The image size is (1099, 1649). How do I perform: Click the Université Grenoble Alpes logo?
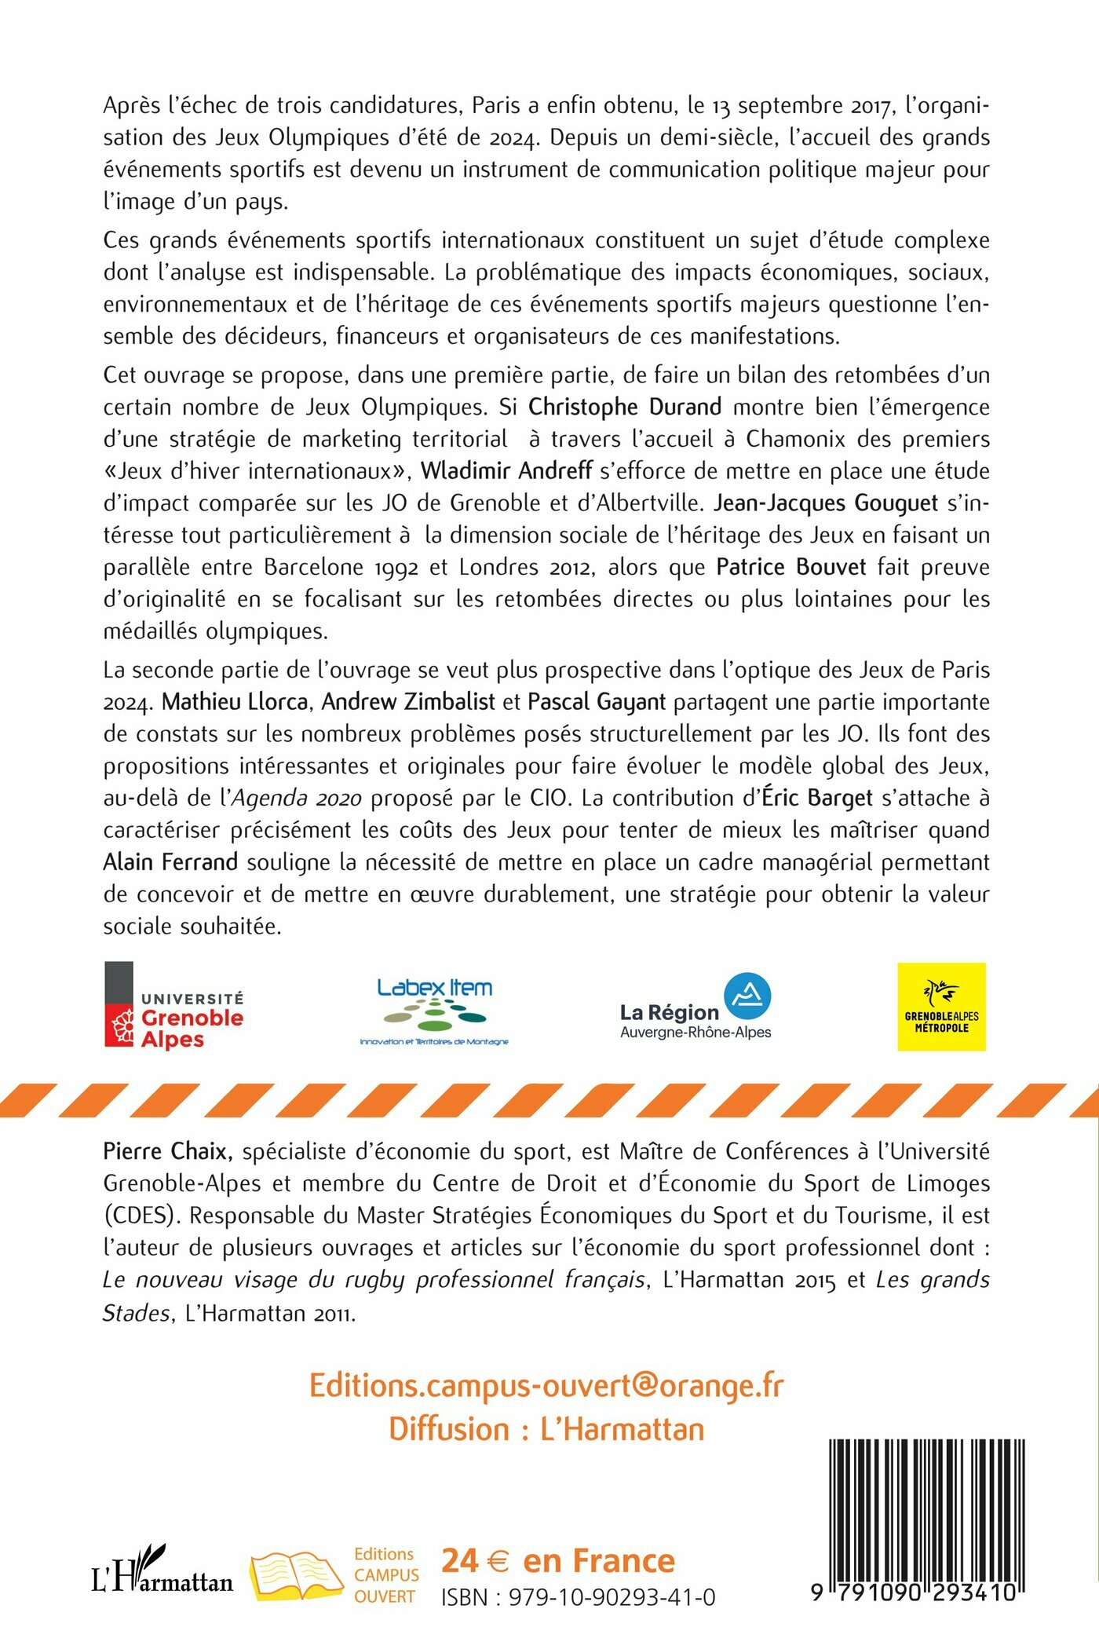(174, 1006)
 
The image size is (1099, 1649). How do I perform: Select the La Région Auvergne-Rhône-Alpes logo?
(696, 1007)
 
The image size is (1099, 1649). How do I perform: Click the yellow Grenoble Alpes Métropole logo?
(941, 1007)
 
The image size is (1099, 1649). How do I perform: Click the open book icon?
(296, 1575)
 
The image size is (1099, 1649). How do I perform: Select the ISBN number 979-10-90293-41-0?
(579, 1597)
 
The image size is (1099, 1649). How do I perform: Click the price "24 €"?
(476, 1560)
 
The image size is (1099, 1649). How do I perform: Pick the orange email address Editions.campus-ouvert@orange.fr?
(546, 1385)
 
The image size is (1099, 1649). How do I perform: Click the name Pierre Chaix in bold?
(167, 1152)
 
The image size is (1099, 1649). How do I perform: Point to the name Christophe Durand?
(625, 407)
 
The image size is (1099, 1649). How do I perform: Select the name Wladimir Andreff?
(506, 471)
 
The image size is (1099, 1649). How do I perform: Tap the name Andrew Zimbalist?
(408, 701)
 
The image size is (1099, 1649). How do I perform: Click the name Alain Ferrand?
(170, 862)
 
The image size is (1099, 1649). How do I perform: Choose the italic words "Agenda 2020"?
(297, 799)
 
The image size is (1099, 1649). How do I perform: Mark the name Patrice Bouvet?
(791, 567)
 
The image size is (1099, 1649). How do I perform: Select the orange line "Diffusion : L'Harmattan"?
(546, 1429)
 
